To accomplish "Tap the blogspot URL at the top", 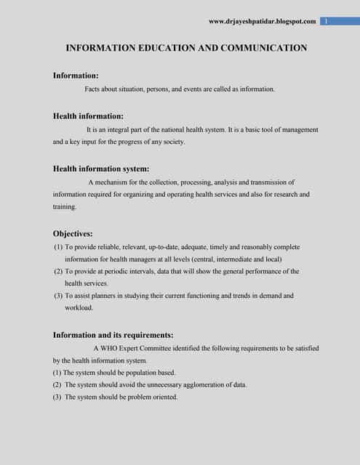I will click(262, 22).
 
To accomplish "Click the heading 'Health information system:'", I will click(101, 169).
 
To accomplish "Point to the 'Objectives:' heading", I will click(73, 234).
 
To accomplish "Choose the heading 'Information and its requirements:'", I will click(113, 335).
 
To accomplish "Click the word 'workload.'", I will click(79, 307).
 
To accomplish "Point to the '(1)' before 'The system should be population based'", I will click(57, 372).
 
